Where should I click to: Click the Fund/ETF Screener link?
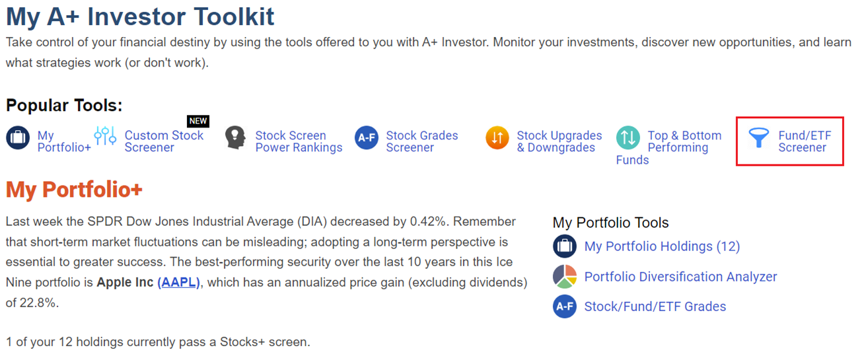(805, 141)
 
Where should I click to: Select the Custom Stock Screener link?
(164, 141)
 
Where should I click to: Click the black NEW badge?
(198, 121)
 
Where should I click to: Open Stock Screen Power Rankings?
(299, 141)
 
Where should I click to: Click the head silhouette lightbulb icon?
(235, 137)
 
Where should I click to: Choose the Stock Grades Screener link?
(422, 141)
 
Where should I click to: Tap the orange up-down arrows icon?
(497, 137)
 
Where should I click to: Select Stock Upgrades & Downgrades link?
(559, 141)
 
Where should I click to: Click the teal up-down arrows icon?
(628, 137)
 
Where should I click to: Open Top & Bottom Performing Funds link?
(669, 147)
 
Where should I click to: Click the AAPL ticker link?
(178, 283)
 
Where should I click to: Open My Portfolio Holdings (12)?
(662, 246)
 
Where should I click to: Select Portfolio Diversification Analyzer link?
(680, 277)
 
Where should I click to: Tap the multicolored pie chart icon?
(565, 276)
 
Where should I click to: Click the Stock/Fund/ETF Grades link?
(655, 306)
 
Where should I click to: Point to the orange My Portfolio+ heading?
(74, 190)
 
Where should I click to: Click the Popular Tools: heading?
(64, 105)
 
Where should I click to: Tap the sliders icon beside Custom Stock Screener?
(105, 135)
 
